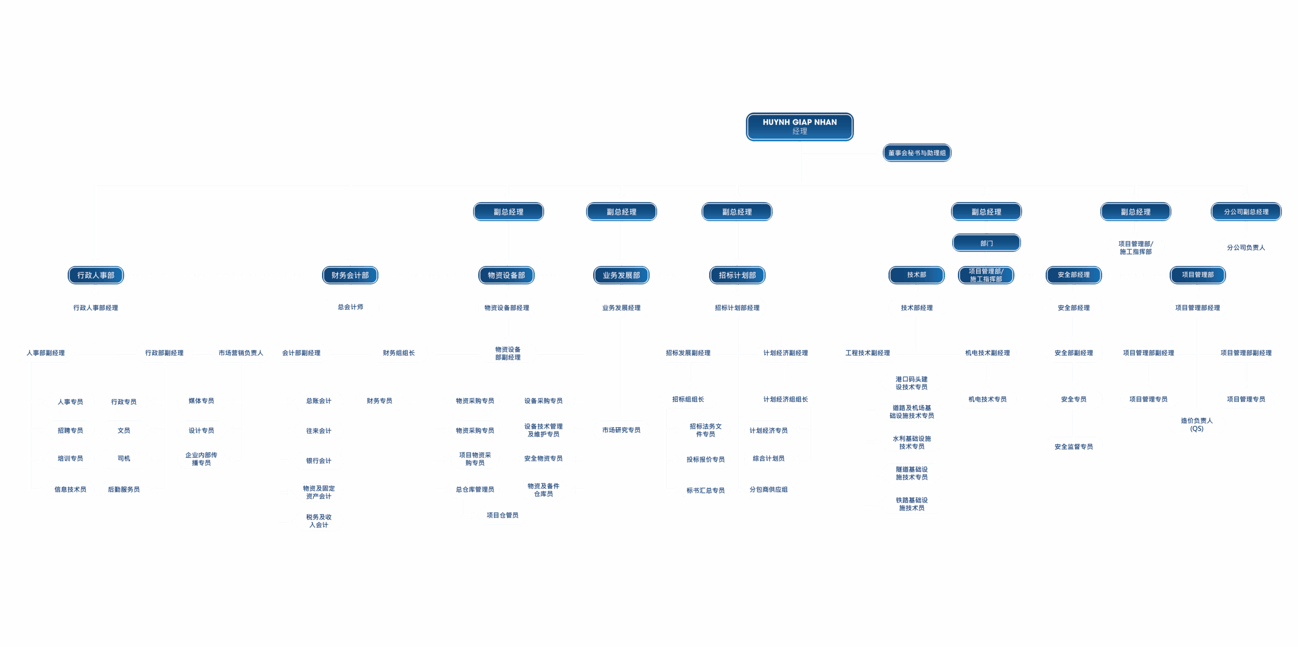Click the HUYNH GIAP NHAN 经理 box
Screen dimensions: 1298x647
pos(800,127)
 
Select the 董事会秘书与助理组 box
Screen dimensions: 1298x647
pos(917,153)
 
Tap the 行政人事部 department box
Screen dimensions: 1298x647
pos(96,275)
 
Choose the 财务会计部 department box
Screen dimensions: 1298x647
pos(350,275)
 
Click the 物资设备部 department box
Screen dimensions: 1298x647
pos(507,275)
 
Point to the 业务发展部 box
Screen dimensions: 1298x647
pos(621,275)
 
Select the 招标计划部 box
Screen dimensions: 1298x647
pos(737,275)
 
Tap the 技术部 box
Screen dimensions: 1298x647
pos(916,275)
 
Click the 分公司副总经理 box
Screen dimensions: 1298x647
pos(1246,212)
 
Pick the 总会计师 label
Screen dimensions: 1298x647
pos(350,307)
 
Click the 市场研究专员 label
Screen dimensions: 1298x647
pos(621,430)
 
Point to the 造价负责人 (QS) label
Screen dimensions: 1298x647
pos(1197,425)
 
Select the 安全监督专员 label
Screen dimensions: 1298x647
pos(1073,447)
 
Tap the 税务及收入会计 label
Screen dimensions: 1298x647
pos(318,521)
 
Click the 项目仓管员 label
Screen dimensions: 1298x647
pos(502,515)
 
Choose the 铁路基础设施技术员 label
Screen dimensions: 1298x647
pos(912,504)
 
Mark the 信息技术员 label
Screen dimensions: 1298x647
pos(70,489)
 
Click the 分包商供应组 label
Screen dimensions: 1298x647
pos(768,489)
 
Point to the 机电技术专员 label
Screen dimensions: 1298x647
pos(987,399)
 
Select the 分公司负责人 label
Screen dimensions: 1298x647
pos(1246,248)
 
